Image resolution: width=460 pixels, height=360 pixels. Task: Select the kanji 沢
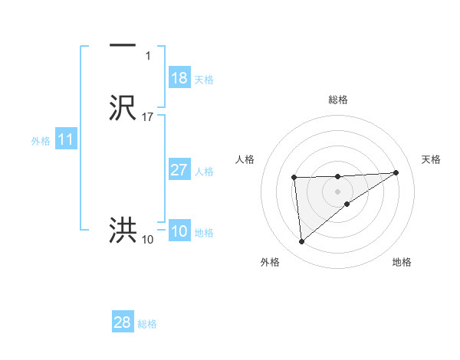[123, 108]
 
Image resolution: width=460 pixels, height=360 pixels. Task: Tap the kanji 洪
[123, 230]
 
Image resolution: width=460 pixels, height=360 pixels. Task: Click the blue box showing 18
[179, 78]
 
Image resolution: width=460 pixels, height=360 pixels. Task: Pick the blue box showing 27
[179, 170]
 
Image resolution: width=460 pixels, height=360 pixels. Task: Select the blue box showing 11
[66, 140]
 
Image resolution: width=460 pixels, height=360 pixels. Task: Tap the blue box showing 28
[123, 323]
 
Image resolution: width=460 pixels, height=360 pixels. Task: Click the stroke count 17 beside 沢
[148, 117]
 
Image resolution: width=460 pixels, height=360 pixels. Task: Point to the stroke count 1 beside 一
[148, 56]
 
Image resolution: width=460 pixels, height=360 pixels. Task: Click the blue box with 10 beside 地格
[179, 232]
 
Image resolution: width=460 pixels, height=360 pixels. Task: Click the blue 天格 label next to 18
[204, 80]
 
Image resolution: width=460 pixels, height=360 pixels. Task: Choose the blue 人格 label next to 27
[204, 172]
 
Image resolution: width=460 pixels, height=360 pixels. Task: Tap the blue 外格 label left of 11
[41, 141]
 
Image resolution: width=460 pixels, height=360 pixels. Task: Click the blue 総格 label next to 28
[147, 324]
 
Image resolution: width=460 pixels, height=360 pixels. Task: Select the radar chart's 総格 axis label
[338, 100]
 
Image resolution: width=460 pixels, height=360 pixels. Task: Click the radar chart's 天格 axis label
[432, 159]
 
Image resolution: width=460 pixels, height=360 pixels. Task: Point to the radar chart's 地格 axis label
[402, 262]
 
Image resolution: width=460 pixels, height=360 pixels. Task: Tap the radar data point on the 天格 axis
[396, 172]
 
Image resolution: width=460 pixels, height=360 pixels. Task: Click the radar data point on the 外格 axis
[302, 242]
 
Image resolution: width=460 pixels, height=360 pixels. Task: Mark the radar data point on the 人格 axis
[294, 178]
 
